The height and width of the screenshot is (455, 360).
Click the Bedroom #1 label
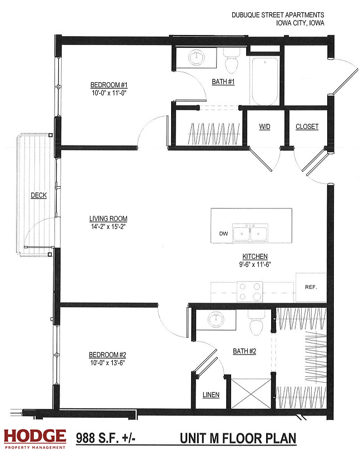pos(109,85)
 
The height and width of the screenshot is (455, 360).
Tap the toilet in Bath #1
pos(232,61)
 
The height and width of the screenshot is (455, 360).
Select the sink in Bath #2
pos(216,320)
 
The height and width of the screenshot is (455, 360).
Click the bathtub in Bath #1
pos(265,81)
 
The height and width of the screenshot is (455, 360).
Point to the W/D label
pos(265,127)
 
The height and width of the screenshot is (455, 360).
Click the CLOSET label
pos(307,127)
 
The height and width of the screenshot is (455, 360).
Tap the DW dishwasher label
pos(223,233)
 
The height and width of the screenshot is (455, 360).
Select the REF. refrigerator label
pos(311,287)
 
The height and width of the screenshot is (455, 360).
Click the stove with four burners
pos(250,292)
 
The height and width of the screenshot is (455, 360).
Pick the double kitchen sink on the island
pos(250,232)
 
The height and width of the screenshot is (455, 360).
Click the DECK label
pos(38,196)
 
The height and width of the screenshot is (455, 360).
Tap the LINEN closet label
pos(211,395)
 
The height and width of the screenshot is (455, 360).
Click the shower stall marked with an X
pos(252,393)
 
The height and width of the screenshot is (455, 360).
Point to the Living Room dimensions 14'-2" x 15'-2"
pos(108,227)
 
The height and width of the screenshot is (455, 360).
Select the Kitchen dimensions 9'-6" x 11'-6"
pos(255,264)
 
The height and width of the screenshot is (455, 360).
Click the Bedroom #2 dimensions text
pos(107,363)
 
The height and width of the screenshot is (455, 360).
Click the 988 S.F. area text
pos(106,438)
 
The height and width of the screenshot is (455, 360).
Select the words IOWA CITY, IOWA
pos(300,23)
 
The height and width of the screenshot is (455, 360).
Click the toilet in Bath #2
pos(256,323)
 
